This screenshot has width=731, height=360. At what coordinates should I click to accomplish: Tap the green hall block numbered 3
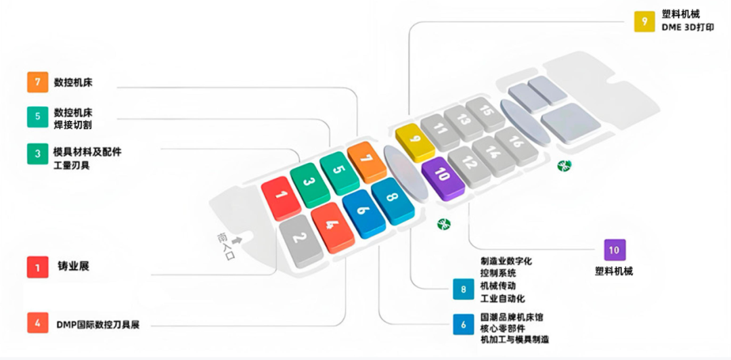[x=309, y=182]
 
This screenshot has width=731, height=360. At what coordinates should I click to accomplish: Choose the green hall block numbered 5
[x=338, y=170]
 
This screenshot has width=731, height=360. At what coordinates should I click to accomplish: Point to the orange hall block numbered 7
[x=366, y=160]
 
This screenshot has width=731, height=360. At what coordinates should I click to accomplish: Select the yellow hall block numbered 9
[x=415, y=141]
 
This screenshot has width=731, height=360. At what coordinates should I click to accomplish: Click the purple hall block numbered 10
[x=441, y=175]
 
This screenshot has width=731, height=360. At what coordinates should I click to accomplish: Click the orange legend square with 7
[x=37, y=83]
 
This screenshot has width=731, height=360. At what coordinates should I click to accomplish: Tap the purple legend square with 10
[x=614, y=250]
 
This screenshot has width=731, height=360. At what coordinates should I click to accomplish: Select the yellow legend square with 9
[x=644, y=22]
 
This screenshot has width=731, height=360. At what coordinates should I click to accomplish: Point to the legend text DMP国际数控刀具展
[x=97, y=324]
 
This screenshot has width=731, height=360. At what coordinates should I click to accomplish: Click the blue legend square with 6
[x=464, y=324]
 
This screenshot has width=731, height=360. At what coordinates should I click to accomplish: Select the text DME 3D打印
[x=686, y=28]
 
